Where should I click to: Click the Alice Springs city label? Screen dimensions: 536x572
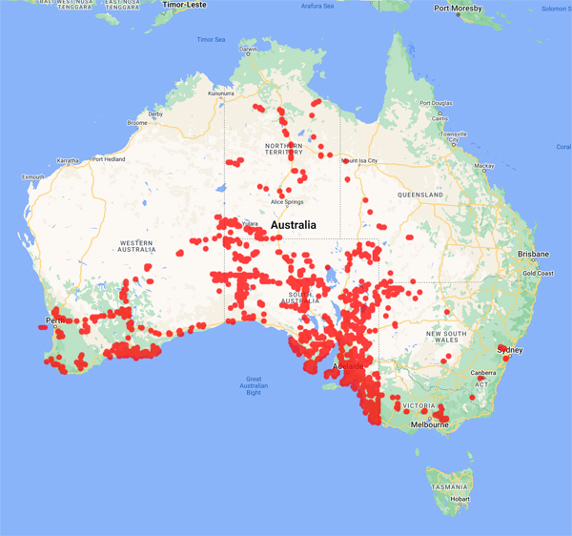click(x=289, y=202)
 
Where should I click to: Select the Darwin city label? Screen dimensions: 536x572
click(x=248, y=49)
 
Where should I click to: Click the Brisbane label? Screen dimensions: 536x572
click(x=533, y=255)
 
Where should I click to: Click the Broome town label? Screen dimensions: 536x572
click(x=136, y=123)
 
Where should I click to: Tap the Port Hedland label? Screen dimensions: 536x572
click(x=108, y=159)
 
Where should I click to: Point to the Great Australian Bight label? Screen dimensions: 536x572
click(x=253, y=385)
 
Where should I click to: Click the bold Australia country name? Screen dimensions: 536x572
click(x=303, y=225)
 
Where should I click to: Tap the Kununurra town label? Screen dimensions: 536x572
click(x=221, y=94)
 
